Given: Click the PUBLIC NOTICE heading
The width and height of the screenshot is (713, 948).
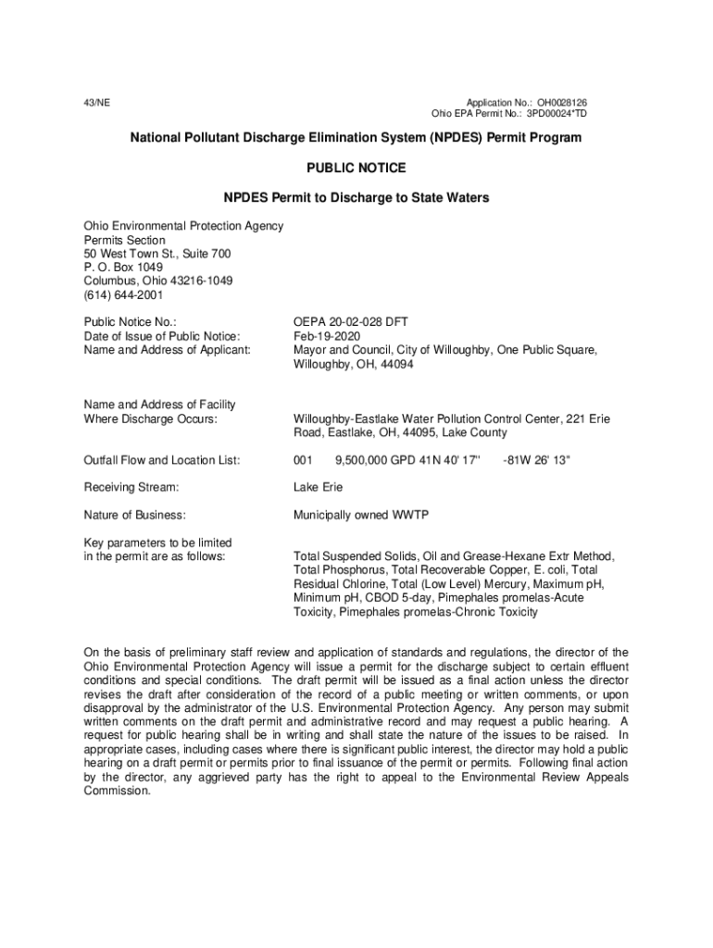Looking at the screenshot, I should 356,168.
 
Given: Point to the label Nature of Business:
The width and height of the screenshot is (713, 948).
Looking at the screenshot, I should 134,515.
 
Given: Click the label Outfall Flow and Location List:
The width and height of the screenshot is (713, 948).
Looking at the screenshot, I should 162,460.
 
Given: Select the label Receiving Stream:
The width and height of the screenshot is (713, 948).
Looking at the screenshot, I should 131,487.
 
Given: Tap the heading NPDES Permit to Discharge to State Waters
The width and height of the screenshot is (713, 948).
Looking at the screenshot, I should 356,198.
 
